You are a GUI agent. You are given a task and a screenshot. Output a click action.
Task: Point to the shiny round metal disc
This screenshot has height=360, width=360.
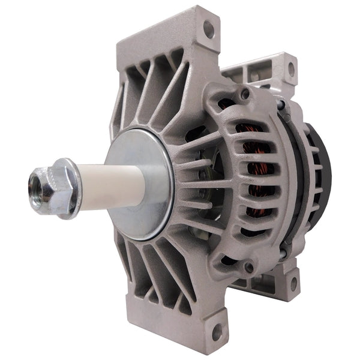click(x=140, y=184)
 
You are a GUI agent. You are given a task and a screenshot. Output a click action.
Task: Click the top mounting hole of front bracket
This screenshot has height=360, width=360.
click(x=208, y=28)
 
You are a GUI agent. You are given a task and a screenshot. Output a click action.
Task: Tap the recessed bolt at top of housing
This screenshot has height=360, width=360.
click(x=244, y=94)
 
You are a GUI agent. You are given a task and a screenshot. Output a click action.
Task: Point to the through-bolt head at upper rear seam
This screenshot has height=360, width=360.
click(x=281, y=106)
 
